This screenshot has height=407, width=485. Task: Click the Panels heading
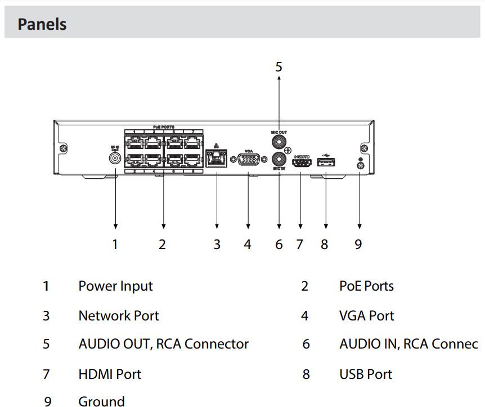point(42,25)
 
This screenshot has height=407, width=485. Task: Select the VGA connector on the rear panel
point(248,160)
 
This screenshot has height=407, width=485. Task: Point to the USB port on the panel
point(326,162)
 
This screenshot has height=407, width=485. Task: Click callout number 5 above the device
point(279,67)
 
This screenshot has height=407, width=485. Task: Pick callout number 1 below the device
point(115,245)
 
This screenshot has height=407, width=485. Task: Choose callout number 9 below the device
point(358,245)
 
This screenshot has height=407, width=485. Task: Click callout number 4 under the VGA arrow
point(248,245)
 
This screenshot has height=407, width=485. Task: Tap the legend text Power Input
point(115,286)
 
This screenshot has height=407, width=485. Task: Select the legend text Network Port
point(119,316)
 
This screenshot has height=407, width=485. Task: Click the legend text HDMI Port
point(110,374)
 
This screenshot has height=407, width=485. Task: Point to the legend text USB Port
point(366,374)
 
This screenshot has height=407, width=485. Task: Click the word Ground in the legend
point(101,401)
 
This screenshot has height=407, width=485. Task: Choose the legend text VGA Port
point(367,316)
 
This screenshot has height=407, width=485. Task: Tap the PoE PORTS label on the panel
point(163,128)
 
